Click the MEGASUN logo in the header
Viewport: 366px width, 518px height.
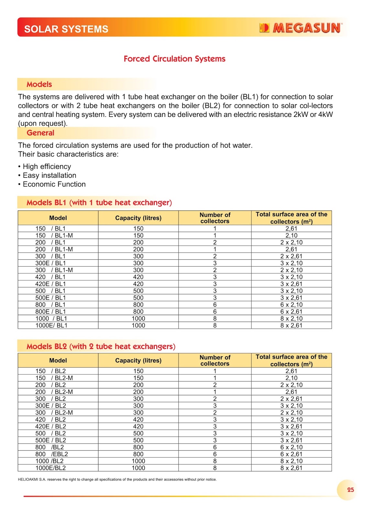[301, 28]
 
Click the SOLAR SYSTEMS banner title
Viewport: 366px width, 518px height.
[66, 29]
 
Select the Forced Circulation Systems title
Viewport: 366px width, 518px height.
[174, 59]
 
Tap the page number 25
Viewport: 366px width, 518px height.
[350, 490]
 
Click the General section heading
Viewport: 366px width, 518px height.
[40, 133]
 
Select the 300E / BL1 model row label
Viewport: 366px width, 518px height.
[50, 263]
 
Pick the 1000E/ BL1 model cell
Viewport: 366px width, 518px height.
[51, 325]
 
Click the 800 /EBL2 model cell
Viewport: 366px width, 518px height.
[52, 454]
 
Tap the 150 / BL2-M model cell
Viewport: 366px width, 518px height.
[54, 378]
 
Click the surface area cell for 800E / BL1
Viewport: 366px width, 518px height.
[291, 311]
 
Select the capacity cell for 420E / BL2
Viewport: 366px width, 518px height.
[138, 426]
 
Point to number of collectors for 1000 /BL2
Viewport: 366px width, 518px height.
[215, 461]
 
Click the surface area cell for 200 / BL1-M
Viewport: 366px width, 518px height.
[291, 249]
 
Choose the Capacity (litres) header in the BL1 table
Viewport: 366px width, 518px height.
[138, 218]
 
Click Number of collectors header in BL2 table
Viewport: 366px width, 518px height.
[215, 360]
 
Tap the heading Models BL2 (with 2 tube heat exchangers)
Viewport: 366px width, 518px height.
[101, 346]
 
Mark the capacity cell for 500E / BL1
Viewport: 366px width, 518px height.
[138, 298]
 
